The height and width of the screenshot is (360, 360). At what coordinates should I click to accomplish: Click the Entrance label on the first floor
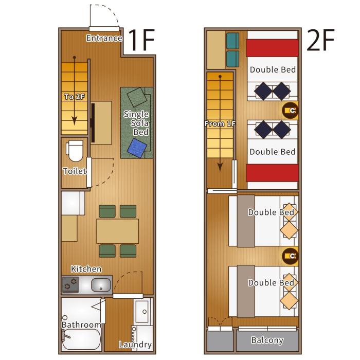pyautogui.click(x=104, y=38)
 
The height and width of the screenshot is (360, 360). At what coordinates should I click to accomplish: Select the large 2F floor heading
pyautogui.click(x=320, y=41)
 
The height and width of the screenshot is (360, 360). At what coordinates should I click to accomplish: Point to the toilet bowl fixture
pyautogui.click(x=75, y=151)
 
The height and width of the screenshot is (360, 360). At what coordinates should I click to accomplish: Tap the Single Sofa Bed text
pyautogui.click(x=136, y=123)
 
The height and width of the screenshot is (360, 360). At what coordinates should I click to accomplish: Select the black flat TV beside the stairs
pyautogui.click(x=93, y=123)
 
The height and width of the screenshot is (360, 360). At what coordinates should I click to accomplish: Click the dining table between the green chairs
pyautogui.click(x=117, y=231)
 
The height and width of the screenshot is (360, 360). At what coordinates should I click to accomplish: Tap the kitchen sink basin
pyautogui.click(x=101, y=284)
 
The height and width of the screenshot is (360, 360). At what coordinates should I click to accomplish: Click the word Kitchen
pyautogui.click(x=86, y=269)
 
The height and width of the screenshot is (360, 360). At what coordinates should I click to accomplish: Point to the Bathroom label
pyautogui.click(x=81, y=325)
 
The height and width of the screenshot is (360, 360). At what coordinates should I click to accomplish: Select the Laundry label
pyautogui.click(x=135, y=345)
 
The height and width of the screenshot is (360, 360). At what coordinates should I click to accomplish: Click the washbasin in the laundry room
pyautogui.click(x=142, y=312)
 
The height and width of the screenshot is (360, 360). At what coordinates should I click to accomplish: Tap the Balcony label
pyautogui.click(x=267, y=340)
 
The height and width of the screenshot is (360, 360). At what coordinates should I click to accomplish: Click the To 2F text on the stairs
pyautogui.click(x=74, y=97)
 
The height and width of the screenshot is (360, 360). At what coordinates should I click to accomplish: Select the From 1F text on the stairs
pyautogui.click(x=220, y=124)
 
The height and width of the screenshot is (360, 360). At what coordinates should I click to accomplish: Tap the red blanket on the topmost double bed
pyautogui.click(x=272, y=48)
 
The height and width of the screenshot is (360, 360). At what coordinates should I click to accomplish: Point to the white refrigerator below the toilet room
pyautogui.click(x=73, y=203)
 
